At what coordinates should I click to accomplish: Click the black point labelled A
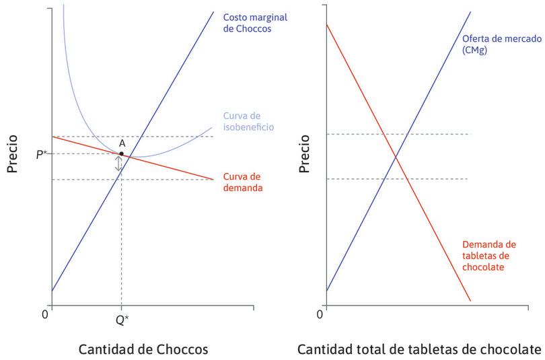tap(121, 154)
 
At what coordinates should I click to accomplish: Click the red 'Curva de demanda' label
tap(242, 182)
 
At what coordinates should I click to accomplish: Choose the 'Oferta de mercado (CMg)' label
tap(501, 44)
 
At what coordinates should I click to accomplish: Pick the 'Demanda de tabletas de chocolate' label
tap(489, 255)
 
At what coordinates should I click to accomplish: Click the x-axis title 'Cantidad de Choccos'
tap(143, 350)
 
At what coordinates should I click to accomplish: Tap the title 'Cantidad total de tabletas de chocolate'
tap(419, 350)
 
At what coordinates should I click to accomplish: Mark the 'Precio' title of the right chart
tap(305, 154)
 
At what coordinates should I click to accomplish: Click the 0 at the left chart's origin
tap(45, 314)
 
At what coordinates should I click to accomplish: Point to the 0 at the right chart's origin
tap(320, 314)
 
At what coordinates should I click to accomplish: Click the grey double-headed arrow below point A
tap(119, 164)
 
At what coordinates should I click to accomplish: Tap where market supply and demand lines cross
tap(395, 157)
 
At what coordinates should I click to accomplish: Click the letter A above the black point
tap(122, 143)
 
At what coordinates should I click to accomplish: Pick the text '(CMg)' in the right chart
tap(475, 50)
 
